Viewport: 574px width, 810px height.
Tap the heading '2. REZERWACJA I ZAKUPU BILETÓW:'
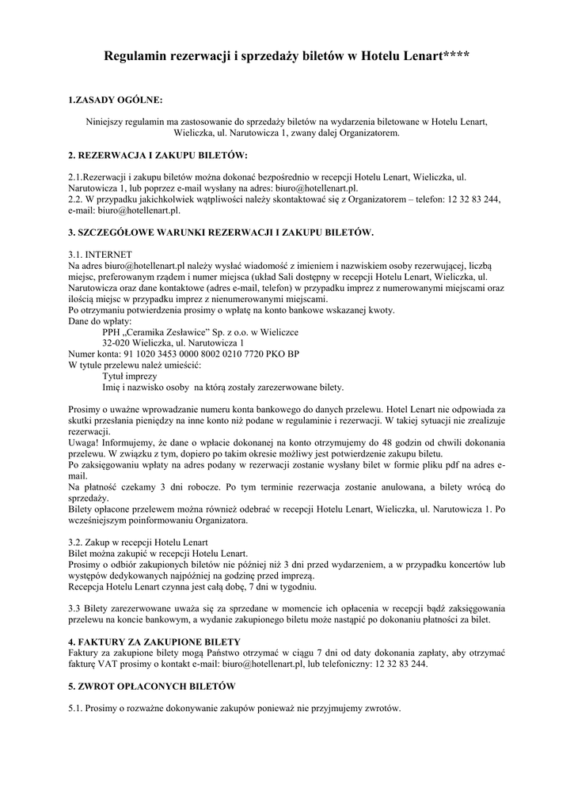pyautogui.click(x=158, y=155)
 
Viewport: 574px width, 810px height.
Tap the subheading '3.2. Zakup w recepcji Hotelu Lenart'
pyautogui.click(x=139, y=543)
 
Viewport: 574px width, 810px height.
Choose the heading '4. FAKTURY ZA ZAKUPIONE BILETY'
pyautogui.click(x=154, y=641)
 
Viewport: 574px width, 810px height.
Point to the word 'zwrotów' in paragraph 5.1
pyautogui.click(x=383, y=708)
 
